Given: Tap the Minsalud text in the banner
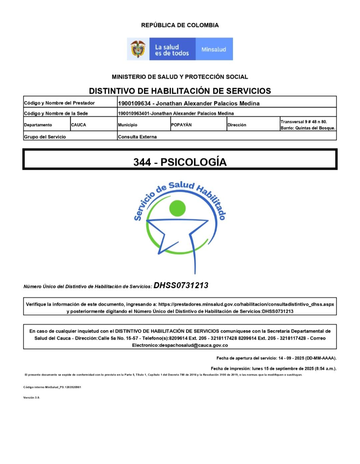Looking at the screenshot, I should [214, 49].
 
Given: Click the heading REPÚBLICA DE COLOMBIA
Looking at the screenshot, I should [180, 25].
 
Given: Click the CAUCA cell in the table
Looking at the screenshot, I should [79, 125].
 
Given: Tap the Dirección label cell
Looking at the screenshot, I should [237, 125].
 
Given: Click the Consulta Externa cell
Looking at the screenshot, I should [137, 137].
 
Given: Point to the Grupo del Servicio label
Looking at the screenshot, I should [45, 137].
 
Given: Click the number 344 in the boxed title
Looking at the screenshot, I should [142, 162].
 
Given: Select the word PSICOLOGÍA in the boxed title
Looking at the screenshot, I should [193, 162].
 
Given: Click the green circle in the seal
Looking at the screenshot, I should [177, 208].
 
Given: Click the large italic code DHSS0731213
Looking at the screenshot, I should [181, 285].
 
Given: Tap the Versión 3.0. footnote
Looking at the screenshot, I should [32, 397].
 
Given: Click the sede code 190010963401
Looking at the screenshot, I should [134, 113].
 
